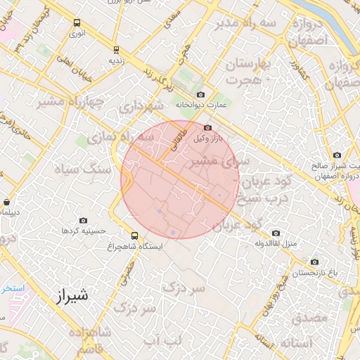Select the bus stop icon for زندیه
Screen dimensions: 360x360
pyautogui.click(x=116, y=49)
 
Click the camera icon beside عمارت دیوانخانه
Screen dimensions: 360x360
pyautogui.click(x=201, y=94)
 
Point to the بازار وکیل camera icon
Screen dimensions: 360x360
pyautogui.click(x=207, y=128)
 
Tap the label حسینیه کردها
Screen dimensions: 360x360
pyautogui.click(x=84, y=231)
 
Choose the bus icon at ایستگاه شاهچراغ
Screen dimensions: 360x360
pyautogui.click(x=135, y=236)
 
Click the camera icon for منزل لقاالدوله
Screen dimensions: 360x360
pyautogui.click(x=276, y=233)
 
